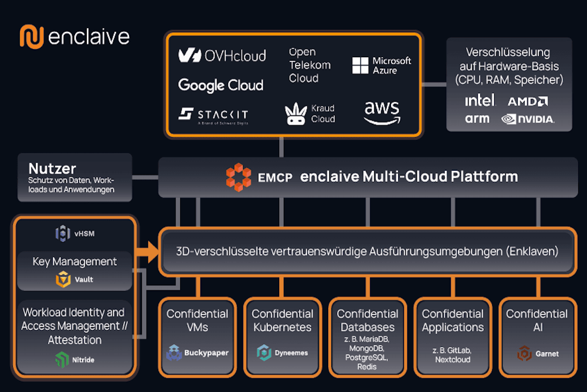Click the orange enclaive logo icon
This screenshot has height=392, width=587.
coord(32,37)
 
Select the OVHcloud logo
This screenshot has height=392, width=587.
coord(222,56)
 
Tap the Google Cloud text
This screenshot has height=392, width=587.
coord(221,85)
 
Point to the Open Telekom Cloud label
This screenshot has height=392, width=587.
coord(310,65)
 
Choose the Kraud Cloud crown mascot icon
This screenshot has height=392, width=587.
coord(296,114)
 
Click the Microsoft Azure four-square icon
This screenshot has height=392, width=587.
coord(360,65)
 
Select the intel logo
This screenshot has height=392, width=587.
coord(479,100)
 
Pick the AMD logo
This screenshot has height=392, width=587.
coord(528,101)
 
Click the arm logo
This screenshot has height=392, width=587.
coord(477,119)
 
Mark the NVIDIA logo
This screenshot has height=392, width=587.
coord(528,119)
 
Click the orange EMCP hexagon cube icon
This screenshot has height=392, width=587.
coord(238,177)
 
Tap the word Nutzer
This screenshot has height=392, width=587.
coord(53,169)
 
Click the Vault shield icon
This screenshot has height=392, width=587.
coord(63,280)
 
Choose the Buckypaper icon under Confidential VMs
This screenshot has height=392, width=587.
coord(174,353)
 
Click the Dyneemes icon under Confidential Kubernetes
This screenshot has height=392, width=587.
coord(263,353)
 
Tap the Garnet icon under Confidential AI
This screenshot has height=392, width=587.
coord(524,353)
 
